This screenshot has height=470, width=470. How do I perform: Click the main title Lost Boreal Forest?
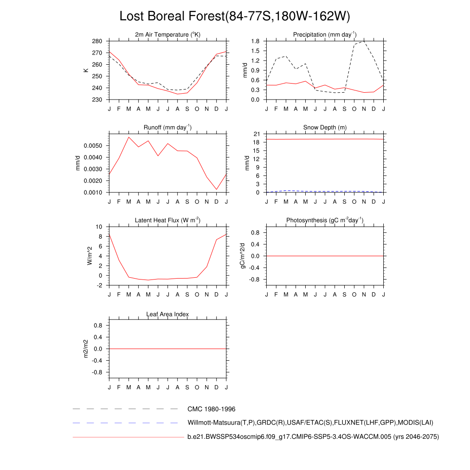(x=235, y=16)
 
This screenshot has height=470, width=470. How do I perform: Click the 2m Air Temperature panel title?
(x=168, y=35)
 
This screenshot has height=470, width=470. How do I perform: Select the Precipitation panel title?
(x=325, y=35)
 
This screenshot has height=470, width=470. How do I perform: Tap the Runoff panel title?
(x=168, y=128)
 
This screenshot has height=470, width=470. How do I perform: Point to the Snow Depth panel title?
(x=325, y=128)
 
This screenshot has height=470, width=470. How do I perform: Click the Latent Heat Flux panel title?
(x=168, y=220)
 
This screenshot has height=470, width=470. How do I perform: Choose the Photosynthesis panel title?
(x=325, y=220)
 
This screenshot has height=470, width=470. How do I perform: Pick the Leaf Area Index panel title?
(x=168, y=314)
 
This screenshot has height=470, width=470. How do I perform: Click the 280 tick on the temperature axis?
(x=97, y=41)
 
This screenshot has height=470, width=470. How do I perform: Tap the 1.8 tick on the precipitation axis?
(x=256, y=41)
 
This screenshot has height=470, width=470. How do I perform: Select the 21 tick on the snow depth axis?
(x=257, y=134)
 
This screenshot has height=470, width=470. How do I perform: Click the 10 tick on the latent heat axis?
(x=99, y=227)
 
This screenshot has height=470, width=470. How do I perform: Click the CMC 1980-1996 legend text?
(x=211, y=408)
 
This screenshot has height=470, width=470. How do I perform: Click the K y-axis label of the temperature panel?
(x=85, y=70)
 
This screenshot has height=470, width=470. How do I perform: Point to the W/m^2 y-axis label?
(x=90, y=256)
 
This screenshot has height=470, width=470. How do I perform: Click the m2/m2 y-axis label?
(x=85, y=349)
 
